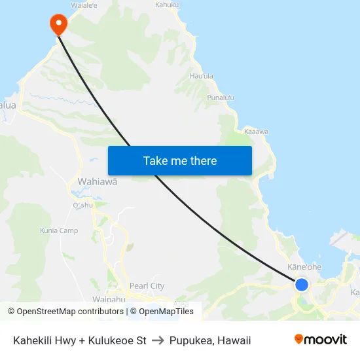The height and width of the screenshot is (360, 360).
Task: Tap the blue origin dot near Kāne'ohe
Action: point(302,284)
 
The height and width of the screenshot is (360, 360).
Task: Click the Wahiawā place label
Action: point(98,181)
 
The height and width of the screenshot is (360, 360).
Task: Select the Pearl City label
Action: point(147,286)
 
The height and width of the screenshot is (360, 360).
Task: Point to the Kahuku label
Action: point(167,5)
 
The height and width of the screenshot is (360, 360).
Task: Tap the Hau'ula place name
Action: point(201,76)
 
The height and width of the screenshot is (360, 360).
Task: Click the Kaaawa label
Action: point(256,132)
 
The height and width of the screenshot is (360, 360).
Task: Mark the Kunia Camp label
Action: point(59,230)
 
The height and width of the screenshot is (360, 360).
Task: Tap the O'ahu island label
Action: point(83,205)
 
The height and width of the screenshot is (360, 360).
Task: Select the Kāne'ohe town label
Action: point(304,267)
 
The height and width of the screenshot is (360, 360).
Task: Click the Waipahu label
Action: point(109,299)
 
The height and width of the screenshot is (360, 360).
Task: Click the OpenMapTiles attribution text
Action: point(166,312)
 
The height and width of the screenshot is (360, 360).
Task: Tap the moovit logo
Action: point(321,339)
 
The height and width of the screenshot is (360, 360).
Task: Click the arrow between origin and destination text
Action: point(158,340)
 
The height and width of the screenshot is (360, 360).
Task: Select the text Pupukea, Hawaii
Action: point(210,340)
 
